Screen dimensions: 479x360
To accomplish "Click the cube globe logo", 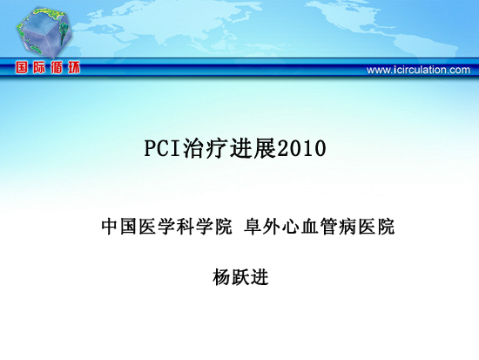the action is (x=44, y=32).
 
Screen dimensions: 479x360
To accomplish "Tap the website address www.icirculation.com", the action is (x=418, y=70).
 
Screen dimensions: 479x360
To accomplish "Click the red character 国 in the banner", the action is (x=22, y=67).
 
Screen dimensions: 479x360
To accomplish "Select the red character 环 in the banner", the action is (x=74, y=67).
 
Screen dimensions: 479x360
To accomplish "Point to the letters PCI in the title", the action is (x=162, y=149).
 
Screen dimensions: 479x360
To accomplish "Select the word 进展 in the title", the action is (x=253, y=149).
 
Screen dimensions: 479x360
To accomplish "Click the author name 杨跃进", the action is (x=240, y=277).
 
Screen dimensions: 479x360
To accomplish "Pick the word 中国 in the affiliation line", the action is (x=118, y=227).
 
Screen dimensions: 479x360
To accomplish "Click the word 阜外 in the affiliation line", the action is (x=262, y=227).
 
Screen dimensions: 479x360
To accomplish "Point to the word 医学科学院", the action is (x=186, y=227).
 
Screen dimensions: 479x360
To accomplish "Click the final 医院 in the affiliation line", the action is (x=376, y=227).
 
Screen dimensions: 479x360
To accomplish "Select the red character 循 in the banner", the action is (x=57, y=67).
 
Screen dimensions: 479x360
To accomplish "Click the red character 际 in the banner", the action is (x=39, y=67).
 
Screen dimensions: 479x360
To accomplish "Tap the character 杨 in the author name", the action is (x=222, y=277).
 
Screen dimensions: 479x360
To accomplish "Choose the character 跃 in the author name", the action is (x=240, y=277).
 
